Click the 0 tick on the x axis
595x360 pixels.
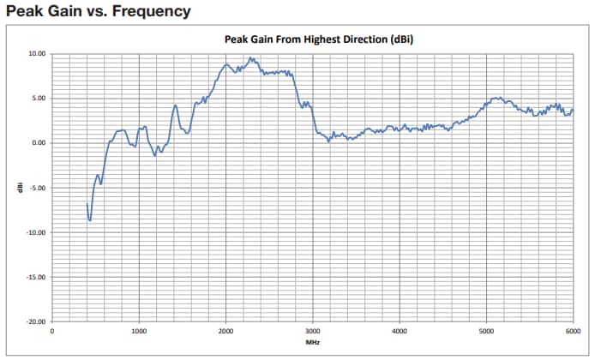pyautogui.click(x=52, y=331)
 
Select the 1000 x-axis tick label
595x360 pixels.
pyautogui.click(x=139, y=331)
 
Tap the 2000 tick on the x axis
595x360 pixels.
pyautogui.click(x=225, y=331)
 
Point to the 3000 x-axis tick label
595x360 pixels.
pyautogui.click(x=312, y=331)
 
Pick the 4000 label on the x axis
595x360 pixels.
pyautogui.click(x=400, y=331)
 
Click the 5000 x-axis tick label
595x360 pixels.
pyautogui.click(x=486, y=331)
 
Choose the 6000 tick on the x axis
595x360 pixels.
pyautogui.click(x=572, y=331)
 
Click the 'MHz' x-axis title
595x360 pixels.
pyautogui.click(x=312, y=342)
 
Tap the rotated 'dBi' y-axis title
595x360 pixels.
pyautogui.click(x=18, y=187)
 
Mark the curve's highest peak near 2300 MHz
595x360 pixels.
pyautogui.click(x=250, y=58)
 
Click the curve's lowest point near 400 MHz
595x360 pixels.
pyautogui.click(x=90, y=220)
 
